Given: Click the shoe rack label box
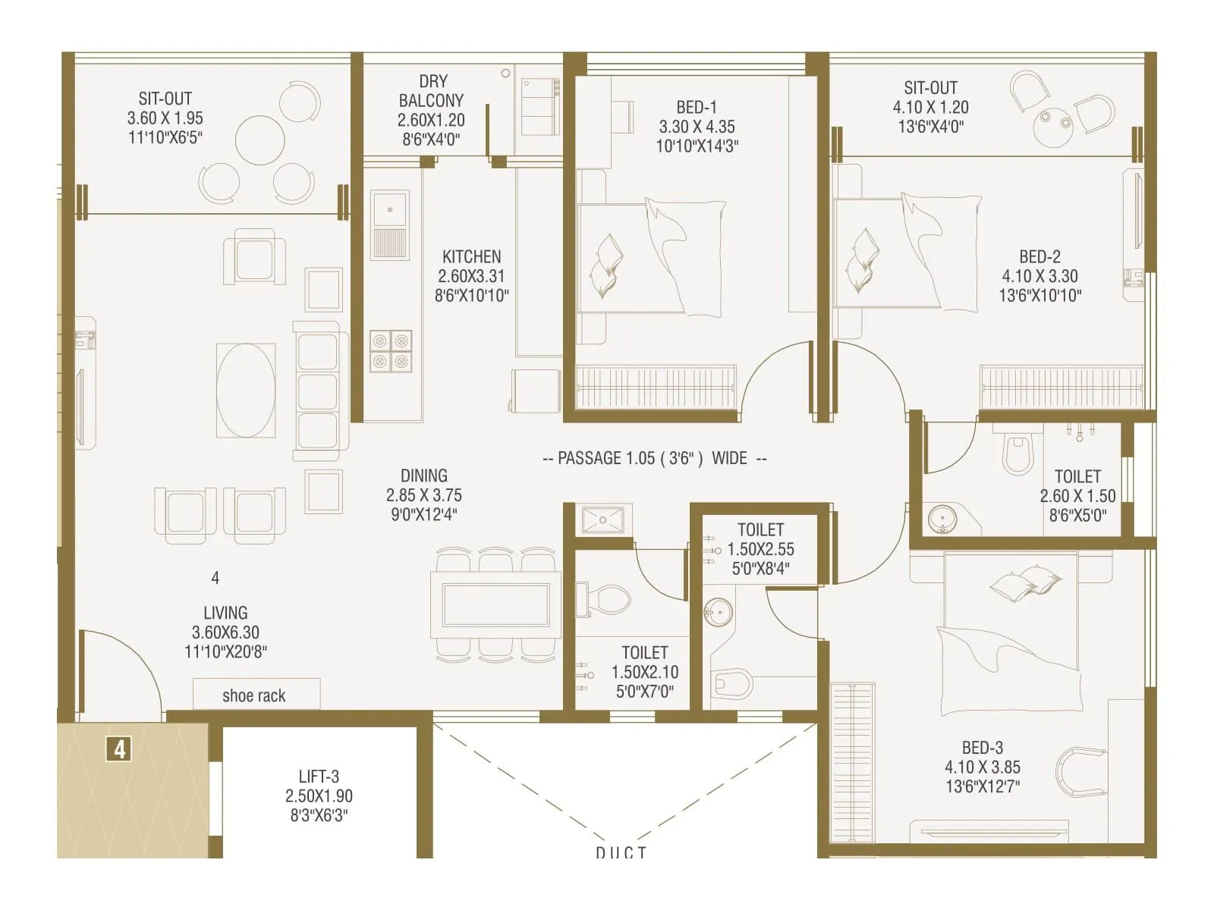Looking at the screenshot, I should pos(256,695).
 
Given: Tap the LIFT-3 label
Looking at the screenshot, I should pos(319,777).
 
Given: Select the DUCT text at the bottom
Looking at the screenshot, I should pos(621,852).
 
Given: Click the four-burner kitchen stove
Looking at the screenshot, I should pos(391,351).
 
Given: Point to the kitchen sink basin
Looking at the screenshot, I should pos(390,209).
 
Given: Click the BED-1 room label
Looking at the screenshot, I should pos(697,107).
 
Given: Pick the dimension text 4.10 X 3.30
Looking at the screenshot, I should pos(1039,276).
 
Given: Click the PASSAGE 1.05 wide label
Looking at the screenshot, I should pos(654,458).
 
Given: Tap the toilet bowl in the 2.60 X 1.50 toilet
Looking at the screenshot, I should pos(1017,453).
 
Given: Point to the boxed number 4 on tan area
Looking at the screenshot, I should pos(119,749).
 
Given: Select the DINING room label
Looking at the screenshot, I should pos(423,475).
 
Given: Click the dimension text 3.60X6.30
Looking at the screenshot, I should pos(225,632).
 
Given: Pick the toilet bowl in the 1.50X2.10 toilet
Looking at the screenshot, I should pos(609,598).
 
